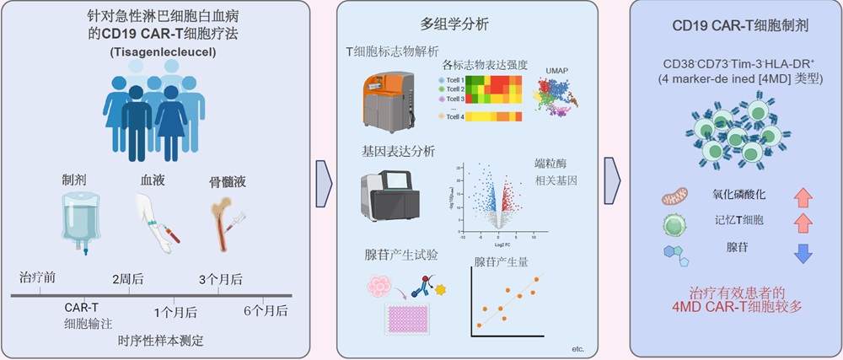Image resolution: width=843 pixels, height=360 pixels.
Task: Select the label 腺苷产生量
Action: (502, 262)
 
